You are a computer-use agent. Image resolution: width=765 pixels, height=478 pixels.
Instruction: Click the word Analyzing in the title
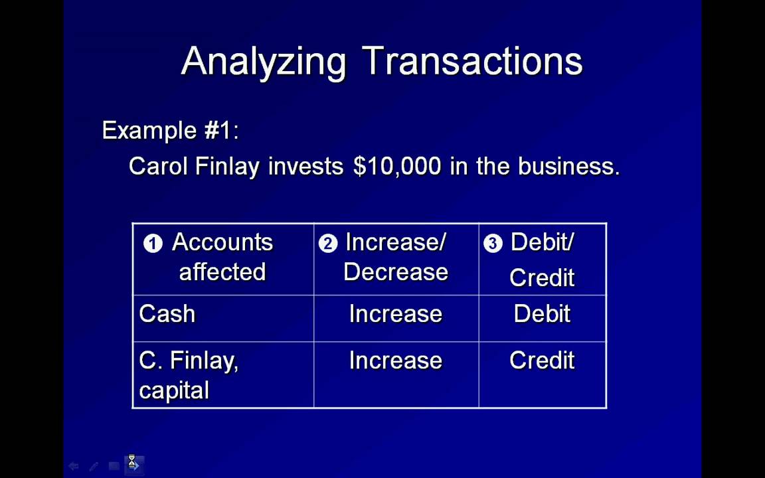pos(264,62)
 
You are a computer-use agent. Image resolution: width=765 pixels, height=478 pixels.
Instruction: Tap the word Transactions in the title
pos(473,61)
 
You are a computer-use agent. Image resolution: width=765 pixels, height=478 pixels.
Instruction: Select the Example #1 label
pos(170,130)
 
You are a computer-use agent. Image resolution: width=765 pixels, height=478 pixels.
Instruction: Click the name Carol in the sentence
pos(159,166)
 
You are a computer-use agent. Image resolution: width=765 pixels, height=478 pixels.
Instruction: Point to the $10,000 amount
pos(397,166)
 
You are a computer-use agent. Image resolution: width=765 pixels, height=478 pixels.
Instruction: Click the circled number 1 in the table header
pos(153,244)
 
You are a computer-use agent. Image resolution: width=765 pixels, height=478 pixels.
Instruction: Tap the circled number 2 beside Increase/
pos(328,244)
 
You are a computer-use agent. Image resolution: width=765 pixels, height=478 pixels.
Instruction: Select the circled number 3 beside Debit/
pos(493,244)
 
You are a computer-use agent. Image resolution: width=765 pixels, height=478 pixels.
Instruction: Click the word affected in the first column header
pos(222,272)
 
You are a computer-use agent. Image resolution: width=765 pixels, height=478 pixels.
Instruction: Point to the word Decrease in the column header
pos(396,272)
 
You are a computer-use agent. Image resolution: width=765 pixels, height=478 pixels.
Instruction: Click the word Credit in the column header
pos(542,278)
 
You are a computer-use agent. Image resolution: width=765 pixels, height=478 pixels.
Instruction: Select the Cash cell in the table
pos(167,314)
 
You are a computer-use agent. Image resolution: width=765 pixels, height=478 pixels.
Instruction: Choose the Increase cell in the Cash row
pos(396,314)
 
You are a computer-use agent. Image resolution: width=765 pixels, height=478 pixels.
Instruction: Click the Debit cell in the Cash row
pos(542,314)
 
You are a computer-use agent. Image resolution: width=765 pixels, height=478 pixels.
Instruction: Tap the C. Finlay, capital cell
pos(189,375)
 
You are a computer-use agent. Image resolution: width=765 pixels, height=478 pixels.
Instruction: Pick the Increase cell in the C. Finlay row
pos(396,360)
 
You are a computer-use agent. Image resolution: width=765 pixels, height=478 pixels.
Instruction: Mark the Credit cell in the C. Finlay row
pos(542,360)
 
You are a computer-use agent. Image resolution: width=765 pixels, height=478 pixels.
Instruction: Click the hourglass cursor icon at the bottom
pos(132,461)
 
